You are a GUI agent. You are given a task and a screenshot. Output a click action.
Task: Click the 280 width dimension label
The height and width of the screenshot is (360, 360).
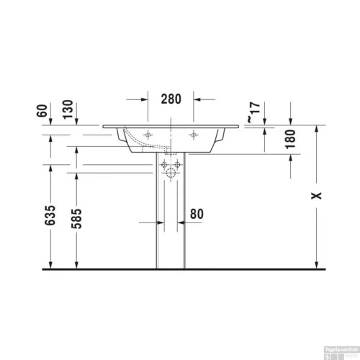point(171,99)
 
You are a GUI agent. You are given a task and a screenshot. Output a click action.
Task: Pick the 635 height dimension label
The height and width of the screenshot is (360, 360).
point(50,215)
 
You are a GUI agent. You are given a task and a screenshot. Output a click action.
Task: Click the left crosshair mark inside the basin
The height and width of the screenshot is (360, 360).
point(148,135)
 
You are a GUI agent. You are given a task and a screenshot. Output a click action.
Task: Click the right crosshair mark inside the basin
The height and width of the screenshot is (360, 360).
point(192,135)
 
